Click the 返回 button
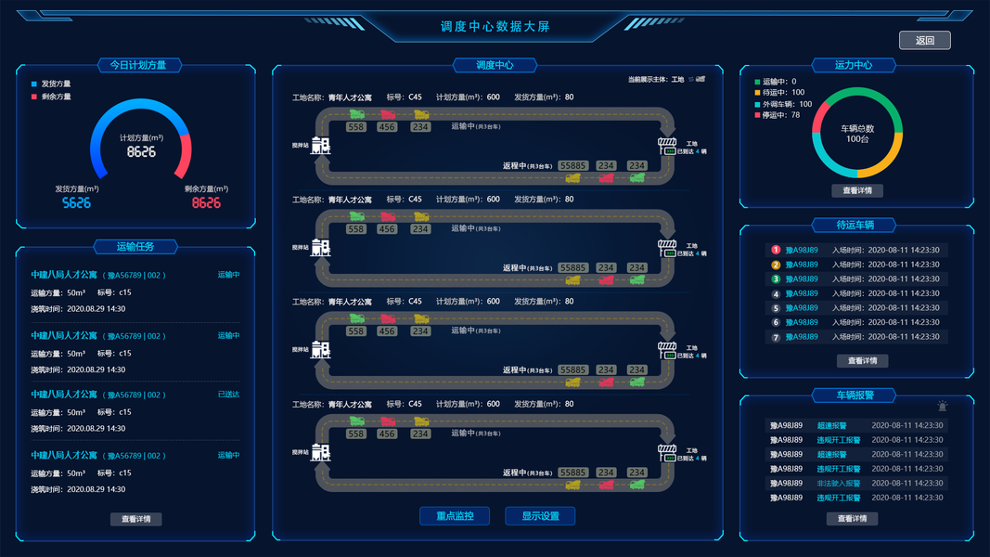point(924,40)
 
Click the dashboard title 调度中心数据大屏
point(495,27)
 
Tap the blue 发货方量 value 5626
point(76,202)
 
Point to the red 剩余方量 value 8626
point(206,202)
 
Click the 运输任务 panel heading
point(135,246)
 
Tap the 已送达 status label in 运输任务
point(228,395)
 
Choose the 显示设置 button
point(540,516)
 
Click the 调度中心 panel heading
point(495,65)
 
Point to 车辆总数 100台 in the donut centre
point(857,134)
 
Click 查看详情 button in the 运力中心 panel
point(856,190)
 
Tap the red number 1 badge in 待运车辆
point(776,250)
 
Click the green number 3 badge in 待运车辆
point(776,278)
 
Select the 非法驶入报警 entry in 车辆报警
point(838,483)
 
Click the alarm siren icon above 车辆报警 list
point(943,406)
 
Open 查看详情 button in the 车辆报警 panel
point(852,519)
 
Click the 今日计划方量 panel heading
point(138,65)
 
